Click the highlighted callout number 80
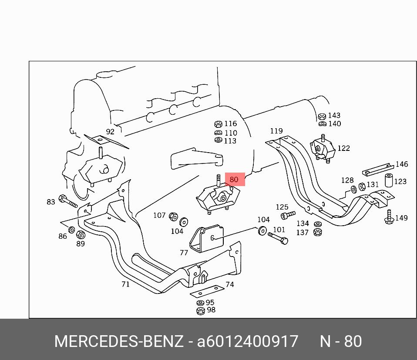click(234, 180)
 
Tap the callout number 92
click(110, 131)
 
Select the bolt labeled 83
click(68, 201)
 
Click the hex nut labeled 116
click(218, 124)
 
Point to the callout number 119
click(276, 131)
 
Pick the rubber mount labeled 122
click(322, 149)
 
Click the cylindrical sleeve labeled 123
click(389, 180)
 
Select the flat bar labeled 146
click(378, 169)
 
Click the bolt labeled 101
click(278, 238)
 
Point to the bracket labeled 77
click(207, 239)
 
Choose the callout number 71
click(125, 284)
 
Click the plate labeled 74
click(208, 291)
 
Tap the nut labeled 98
click(201, 310)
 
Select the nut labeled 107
click(173, 217)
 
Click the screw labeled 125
click(288, 215)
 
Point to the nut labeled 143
click(322, 117)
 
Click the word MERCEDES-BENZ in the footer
click(119, 341)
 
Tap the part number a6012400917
click(247, 341)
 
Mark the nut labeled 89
click(81, 235)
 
